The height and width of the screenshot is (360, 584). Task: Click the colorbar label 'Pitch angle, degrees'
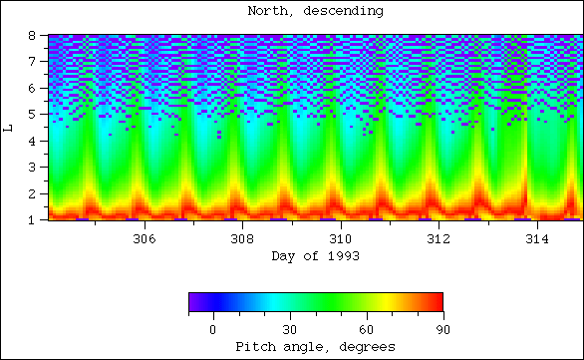coord(315,346)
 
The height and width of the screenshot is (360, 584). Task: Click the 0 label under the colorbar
coord(212,329)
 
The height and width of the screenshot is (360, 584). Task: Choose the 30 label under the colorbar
coord(289,329)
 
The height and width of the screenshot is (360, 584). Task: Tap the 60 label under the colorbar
coord(366,329)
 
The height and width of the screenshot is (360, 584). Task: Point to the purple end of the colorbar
coord(193,303)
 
